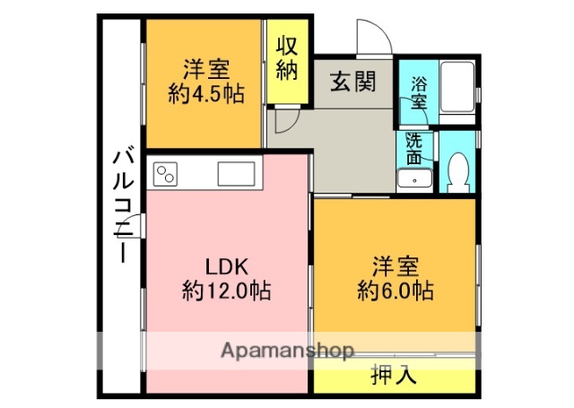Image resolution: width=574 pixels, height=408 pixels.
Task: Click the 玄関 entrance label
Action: (352, 82)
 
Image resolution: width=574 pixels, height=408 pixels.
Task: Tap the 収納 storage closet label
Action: (286, 58)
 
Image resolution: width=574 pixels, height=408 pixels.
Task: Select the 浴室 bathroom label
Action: (419, 94)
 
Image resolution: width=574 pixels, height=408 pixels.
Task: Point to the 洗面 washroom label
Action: (414, 148)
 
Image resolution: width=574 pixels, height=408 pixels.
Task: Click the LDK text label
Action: (226, 266)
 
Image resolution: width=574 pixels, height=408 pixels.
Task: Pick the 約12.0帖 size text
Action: (226, 291)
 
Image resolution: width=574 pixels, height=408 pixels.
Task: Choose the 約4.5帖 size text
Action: (206, 92)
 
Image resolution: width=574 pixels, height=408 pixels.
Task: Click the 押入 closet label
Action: (392, 376)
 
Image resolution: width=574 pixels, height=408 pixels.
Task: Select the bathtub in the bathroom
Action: (457, 91)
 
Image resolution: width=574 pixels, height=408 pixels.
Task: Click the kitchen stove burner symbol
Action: (166, 172)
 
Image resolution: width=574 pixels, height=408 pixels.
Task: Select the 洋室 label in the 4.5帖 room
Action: (206, 69)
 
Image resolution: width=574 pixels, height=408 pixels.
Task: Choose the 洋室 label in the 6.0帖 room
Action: (396, 266)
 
